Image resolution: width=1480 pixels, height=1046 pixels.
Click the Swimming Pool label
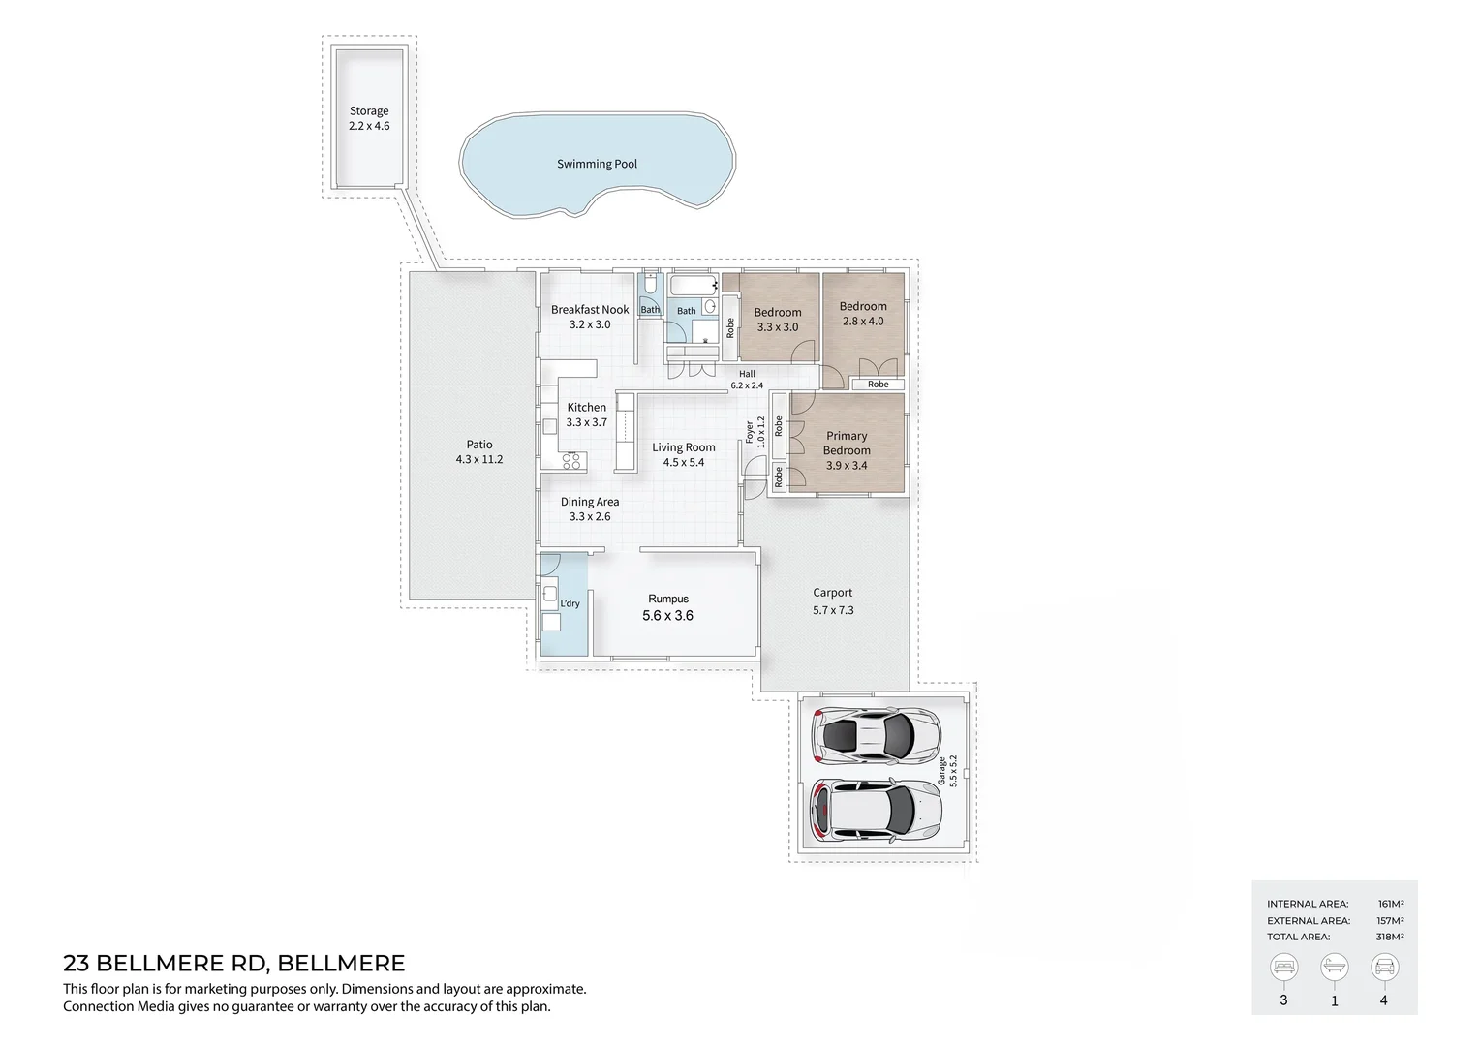pos(597,165)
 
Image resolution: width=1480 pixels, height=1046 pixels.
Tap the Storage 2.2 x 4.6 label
pos(369,119)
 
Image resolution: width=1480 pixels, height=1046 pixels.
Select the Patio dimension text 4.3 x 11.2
pos(479,460)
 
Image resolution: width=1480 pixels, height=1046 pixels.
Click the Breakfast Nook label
pos(590,310)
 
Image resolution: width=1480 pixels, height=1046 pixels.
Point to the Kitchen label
pos(587,408)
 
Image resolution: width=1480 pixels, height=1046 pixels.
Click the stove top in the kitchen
pos(570,461)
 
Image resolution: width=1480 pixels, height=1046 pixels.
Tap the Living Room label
pos(683,447)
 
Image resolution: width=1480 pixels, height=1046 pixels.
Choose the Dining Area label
pos(590,502)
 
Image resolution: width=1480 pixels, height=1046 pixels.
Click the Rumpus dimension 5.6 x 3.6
pos(668,616)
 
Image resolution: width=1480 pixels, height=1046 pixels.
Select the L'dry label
pos(570,603)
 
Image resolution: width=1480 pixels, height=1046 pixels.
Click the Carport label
pos(833,593)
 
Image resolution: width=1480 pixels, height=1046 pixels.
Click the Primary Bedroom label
pos(847,444)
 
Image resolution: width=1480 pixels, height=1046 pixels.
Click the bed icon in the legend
pos(1283,967)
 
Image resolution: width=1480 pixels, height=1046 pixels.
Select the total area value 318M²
pos(1390,938)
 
